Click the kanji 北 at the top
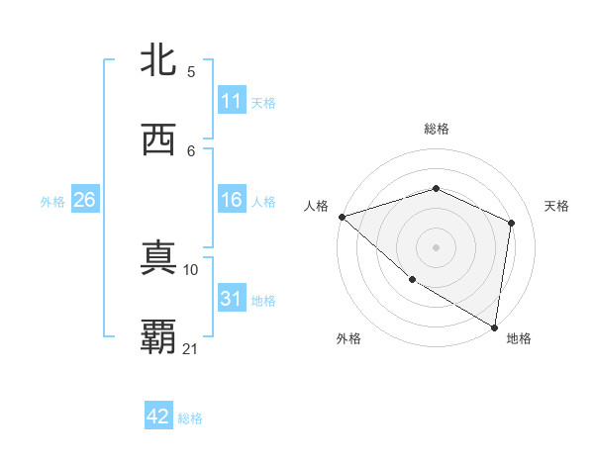coord(158,61)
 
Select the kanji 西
coord(158,140)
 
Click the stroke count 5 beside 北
coord(191,72)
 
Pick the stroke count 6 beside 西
coord(191,150)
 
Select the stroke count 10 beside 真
coord(191,269)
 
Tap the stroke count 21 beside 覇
coord(191,348)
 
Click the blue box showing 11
coord(232,101)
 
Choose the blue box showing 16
coord(232,200)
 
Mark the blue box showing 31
coord(232,299)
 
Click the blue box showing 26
coord(85,200)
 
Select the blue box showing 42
coord(158,417)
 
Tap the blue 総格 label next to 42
coord(190,418)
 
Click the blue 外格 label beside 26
coord(52,202)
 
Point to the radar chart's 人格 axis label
coord(317,206)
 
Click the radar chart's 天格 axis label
coord(556,206)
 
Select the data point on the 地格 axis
coord(495,326)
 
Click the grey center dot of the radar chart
coord(436,246)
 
